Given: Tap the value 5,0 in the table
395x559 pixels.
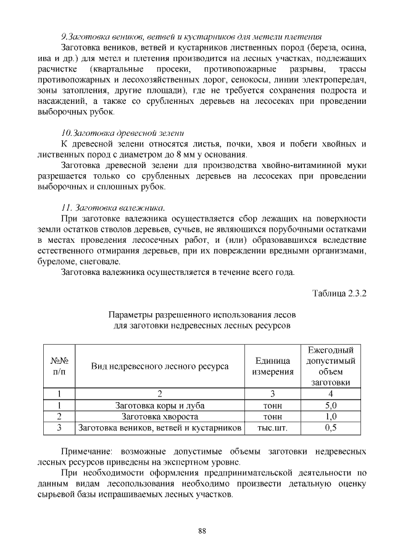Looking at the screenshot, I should [331, 406].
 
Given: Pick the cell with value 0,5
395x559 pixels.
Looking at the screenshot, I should [331, 427].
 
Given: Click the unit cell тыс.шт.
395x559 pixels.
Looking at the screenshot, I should [272, 427].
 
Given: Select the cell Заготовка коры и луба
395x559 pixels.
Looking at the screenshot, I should [160, 406].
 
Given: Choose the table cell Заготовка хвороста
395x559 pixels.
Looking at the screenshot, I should [160, 416].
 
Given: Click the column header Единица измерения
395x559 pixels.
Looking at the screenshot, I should [272, 366].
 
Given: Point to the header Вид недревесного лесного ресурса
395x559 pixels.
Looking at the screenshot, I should [160, 366].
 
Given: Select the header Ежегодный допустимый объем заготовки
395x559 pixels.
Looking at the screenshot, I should [331, 366].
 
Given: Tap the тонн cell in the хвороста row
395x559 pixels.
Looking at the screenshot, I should [272, 416].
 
